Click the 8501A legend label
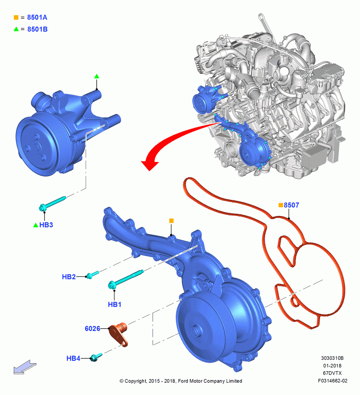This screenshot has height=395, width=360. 37,17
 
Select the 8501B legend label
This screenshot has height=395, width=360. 37,29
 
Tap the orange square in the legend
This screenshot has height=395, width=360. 16,17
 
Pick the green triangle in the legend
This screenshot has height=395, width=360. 16,29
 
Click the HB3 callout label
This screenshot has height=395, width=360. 46,225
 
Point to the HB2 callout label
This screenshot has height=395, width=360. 69,277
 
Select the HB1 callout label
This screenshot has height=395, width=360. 114,305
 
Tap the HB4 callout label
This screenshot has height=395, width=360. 73,358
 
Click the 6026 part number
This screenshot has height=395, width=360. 92,329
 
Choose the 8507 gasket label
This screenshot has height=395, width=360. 291,205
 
